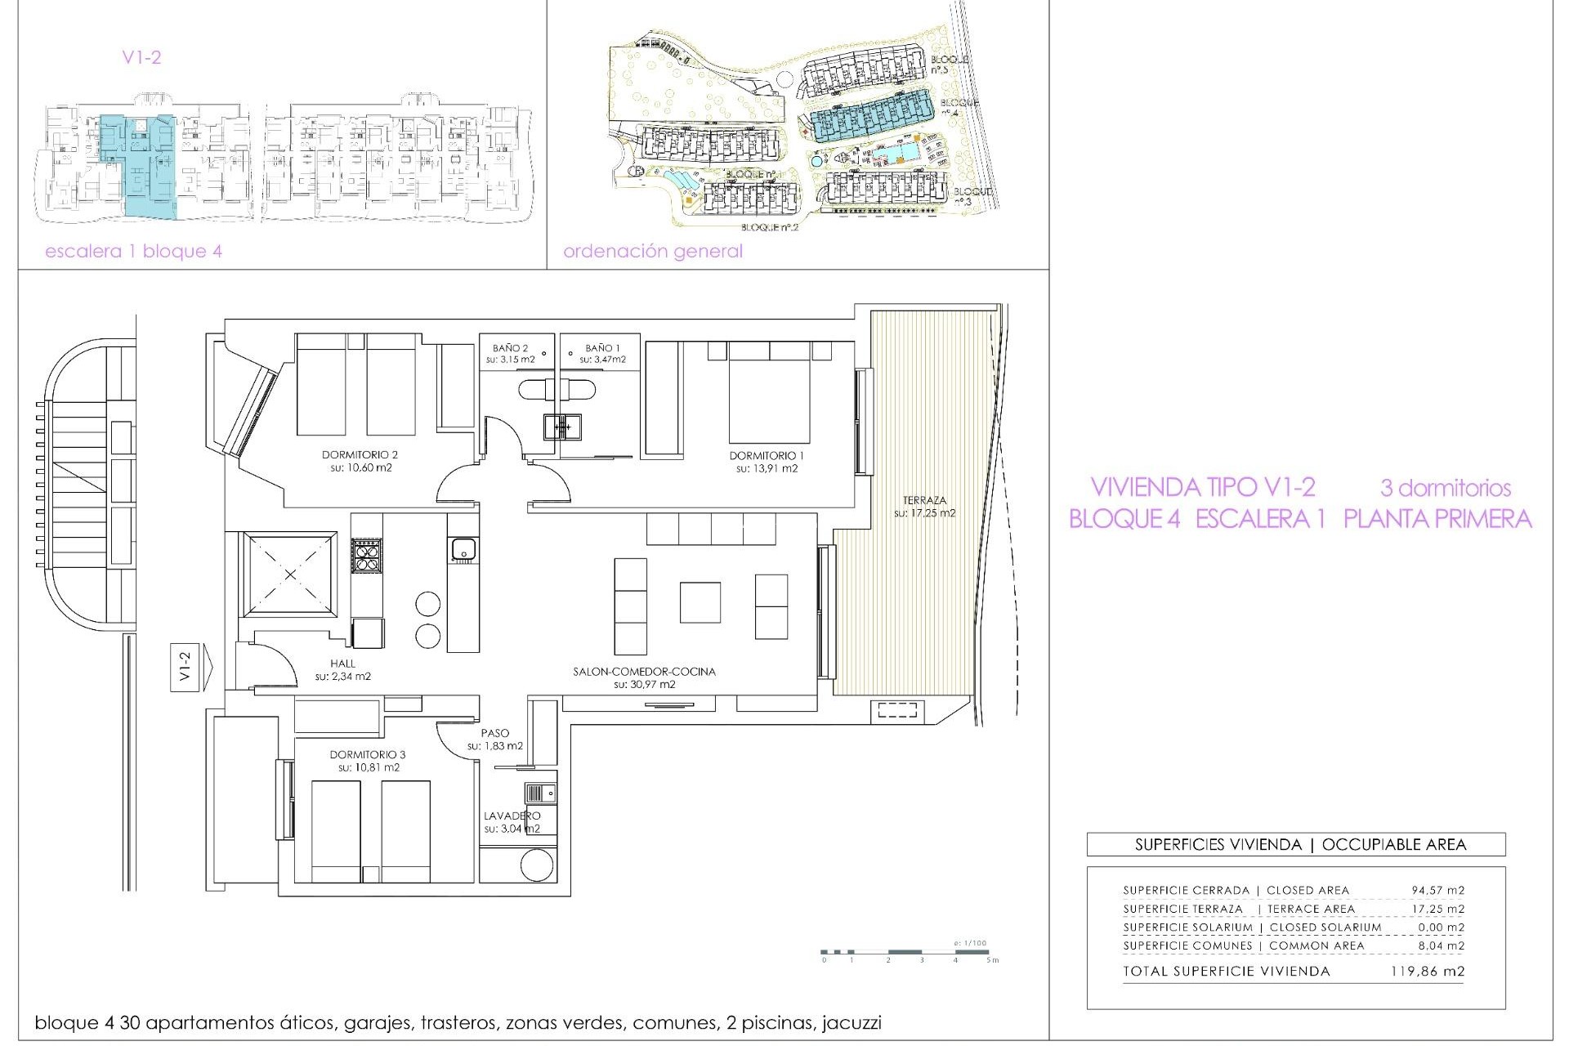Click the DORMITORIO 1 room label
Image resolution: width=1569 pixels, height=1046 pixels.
(x=767, y=455)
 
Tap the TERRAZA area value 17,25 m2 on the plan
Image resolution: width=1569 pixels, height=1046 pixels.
(x=924, y=513)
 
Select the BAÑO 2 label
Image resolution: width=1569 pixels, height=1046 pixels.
(x=511, y=348)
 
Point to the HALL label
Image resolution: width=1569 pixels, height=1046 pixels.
(x=343, y=664)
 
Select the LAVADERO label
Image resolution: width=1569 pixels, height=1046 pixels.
(x=512, y=816)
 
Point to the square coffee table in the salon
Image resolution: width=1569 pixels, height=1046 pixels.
(x=700, y=602)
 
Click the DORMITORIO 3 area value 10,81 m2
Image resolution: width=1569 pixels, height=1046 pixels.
(x=368, y=768)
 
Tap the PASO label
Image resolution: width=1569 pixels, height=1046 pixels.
(x=494, y=733)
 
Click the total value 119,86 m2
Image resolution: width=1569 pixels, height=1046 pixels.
(x=1427, y=972)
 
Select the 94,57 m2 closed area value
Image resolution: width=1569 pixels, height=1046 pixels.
(x=1437, y=890)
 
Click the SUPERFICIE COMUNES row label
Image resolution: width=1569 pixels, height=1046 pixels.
(x=1187, y=945)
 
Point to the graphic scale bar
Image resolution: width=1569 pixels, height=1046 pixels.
(x=907, y=952)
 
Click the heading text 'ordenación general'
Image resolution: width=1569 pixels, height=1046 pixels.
(x=652, y=252)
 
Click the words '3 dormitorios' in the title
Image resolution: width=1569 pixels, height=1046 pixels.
(x=1445, y=489)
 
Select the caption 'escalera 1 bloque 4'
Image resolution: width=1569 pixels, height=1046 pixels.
(x=133, y=252)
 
